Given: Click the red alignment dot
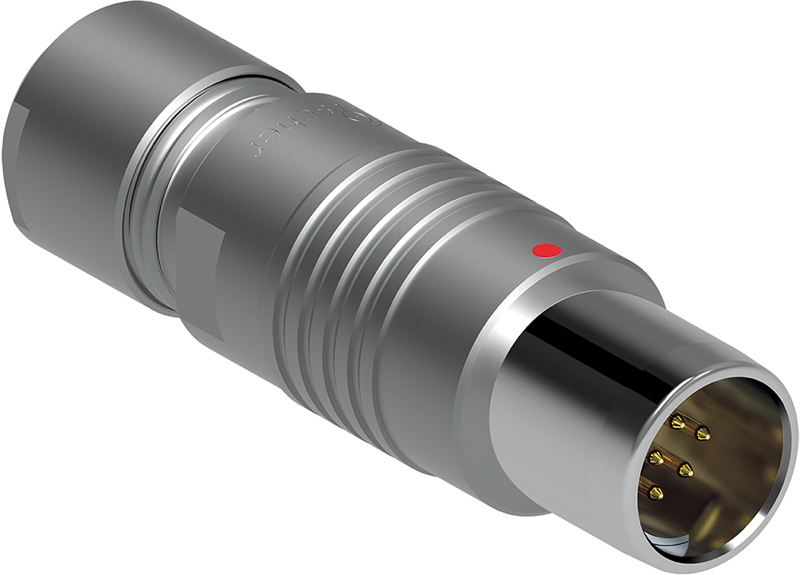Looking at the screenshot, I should pos(546,251).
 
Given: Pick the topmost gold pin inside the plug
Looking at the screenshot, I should pos(678,421).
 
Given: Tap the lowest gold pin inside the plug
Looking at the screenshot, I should pos(657,494).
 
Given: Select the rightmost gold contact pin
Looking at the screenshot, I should pos(702,433).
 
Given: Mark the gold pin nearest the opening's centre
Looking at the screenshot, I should pos(685,468).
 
